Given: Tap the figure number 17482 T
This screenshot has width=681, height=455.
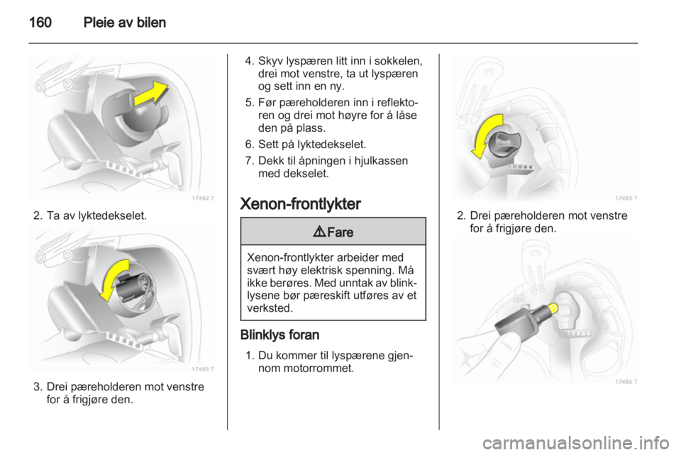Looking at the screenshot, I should coord(204,198).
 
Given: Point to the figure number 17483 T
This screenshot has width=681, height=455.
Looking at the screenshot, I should coord(204,369).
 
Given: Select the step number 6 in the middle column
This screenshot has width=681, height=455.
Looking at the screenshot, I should coord(246,142).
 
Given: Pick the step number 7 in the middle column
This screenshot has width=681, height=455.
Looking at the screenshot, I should coord(246,160).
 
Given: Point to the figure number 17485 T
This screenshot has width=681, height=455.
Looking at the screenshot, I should coord(626,198).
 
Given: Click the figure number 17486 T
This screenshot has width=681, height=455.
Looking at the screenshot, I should coord(626,381).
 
